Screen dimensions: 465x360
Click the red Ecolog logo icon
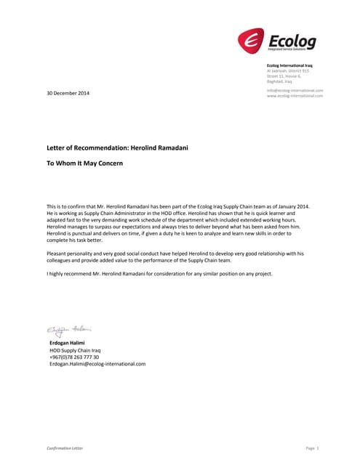tap(252, 41)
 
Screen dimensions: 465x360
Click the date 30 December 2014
tap(68, 94)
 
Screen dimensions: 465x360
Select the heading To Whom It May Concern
tap(84, 163)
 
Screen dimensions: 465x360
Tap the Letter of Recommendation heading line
tap(117, 147)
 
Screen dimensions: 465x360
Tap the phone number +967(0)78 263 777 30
tap(74, 357)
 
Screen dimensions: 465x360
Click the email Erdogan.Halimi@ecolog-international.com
tap(97, 364)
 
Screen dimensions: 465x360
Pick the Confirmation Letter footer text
tap(65, 448)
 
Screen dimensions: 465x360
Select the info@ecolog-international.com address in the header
tap(295, 89)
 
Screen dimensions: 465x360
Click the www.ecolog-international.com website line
tap(295, 95)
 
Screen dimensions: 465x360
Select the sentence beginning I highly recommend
tap(161, 273)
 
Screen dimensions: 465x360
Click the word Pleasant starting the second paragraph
tap(57, 252)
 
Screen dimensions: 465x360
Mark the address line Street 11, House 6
tap(284, 76)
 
